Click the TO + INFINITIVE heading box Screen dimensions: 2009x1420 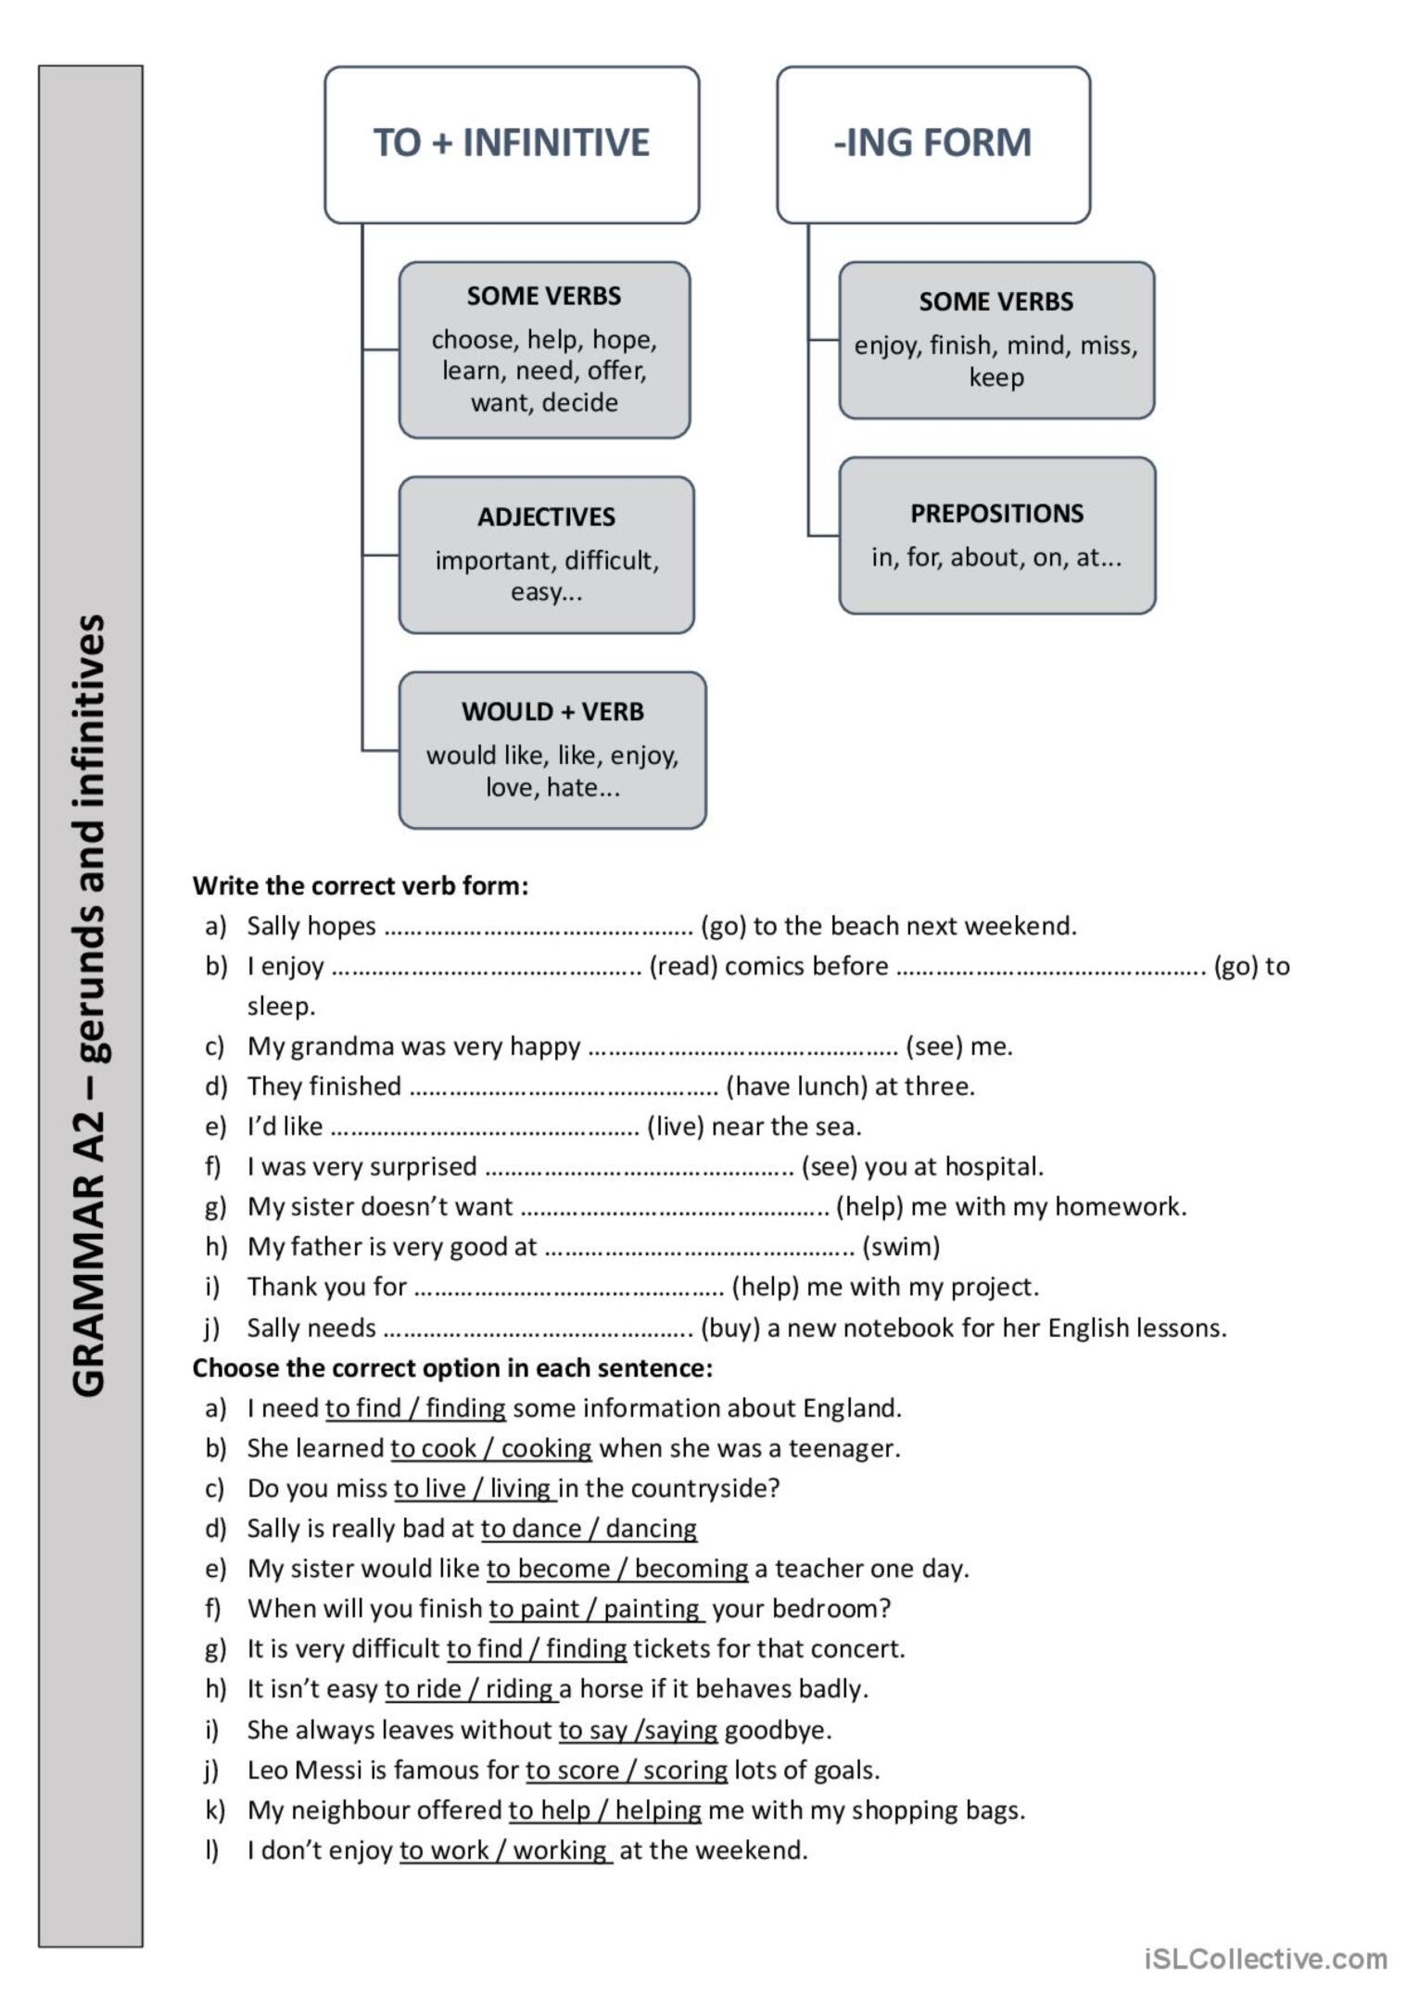(511, 144)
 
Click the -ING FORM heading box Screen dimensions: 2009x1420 (932, 144)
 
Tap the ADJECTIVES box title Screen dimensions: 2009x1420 (546, 517)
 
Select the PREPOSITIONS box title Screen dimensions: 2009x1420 (996, 514)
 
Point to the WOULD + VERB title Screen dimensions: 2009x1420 (552, 712)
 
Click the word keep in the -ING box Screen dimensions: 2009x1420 (996, 378)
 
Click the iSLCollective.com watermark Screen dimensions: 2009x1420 (1265, 1959)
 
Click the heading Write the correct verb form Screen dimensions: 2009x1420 (360, 886)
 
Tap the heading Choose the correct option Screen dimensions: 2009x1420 (452, 1368)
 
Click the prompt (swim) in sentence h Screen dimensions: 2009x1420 (901, 1247)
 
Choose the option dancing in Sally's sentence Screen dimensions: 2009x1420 (651, 1529)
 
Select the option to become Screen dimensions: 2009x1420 (548, 1569)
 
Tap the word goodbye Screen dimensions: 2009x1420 (777, 1730)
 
